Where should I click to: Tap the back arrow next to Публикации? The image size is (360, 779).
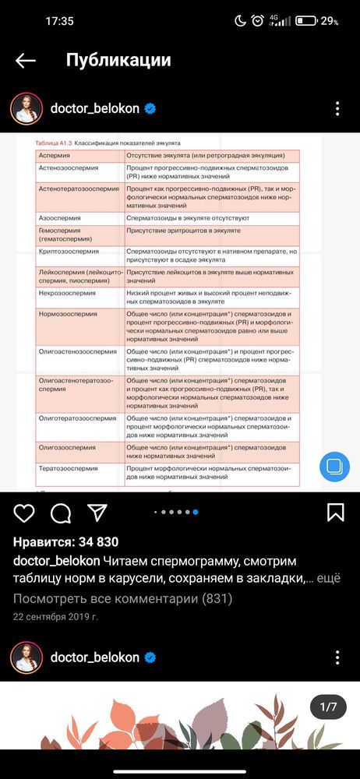pos(26,61)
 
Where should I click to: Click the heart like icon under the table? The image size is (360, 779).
pos(24,512)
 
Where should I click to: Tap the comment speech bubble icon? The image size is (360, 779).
pos(61,512)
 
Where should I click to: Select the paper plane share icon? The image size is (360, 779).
pos(97,512)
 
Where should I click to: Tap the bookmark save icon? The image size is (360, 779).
pos(335,512)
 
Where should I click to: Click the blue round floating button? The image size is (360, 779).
pos(334,467)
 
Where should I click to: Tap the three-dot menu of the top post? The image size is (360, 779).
pos(337,109)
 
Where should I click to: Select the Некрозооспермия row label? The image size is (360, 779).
pos(67,294)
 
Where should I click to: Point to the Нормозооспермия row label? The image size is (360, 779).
pos(69,313)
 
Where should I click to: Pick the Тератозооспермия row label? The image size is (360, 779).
pos(69,469)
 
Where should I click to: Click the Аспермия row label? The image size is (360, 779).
pos(54,157)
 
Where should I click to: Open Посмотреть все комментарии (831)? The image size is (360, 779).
pos(122,599)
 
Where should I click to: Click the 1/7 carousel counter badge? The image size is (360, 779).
pos(328,707)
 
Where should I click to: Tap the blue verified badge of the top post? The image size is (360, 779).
pos(150,109)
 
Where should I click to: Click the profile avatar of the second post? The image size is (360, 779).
pos(26,657)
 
